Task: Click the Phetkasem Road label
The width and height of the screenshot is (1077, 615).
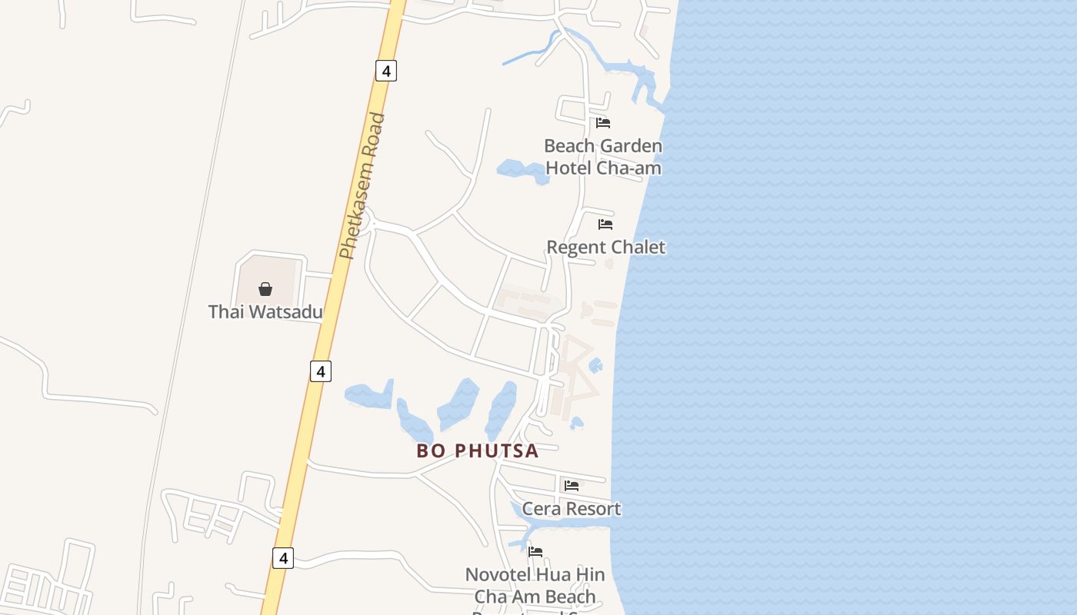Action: [x=362, y=186]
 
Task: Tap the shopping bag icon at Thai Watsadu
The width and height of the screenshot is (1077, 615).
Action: [x=265, y=289]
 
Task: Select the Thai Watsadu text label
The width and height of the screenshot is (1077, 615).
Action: [x=265, y=312]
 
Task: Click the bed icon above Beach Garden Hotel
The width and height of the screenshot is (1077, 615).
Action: [x=603, y=122]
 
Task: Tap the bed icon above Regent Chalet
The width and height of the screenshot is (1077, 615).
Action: [x=605, y=224]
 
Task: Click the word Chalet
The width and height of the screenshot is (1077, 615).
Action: [x=638, y=248]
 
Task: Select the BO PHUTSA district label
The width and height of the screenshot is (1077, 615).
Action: [x=477, y=451]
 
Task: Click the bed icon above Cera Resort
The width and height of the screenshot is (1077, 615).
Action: [x=572, y=486]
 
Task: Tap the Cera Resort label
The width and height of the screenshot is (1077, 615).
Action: [x=572, y=509]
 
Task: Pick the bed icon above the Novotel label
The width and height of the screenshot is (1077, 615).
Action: [x=536, y=552]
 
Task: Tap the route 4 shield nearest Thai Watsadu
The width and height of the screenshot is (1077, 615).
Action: [x=321, y=371]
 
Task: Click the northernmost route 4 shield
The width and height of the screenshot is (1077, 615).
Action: [x=386, y=71]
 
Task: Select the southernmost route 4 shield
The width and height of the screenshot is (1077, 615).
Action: [x=283, y=558]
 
